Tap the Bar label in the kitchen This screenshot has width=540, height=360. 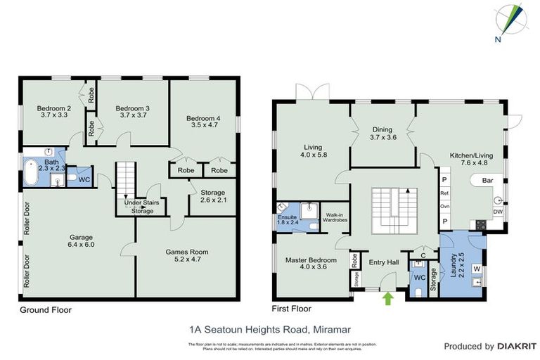[x=487, y=181]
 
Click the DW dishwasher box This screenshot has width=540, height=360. [x=498, y=211]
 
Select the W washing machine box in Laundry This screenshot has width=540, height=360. [x=477, y=268]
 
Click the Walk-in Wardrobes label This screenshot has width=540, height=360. [x=335, y=218]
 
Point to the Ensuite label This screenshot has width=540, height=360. [x=287, y=218]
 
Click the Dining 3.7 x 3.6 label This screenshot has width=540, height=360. [x=382, y=134]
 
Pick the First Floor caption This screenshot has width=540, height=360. [x=292, y=309]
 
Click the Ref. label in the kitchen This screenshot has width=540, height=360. [x=444, y=193]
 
